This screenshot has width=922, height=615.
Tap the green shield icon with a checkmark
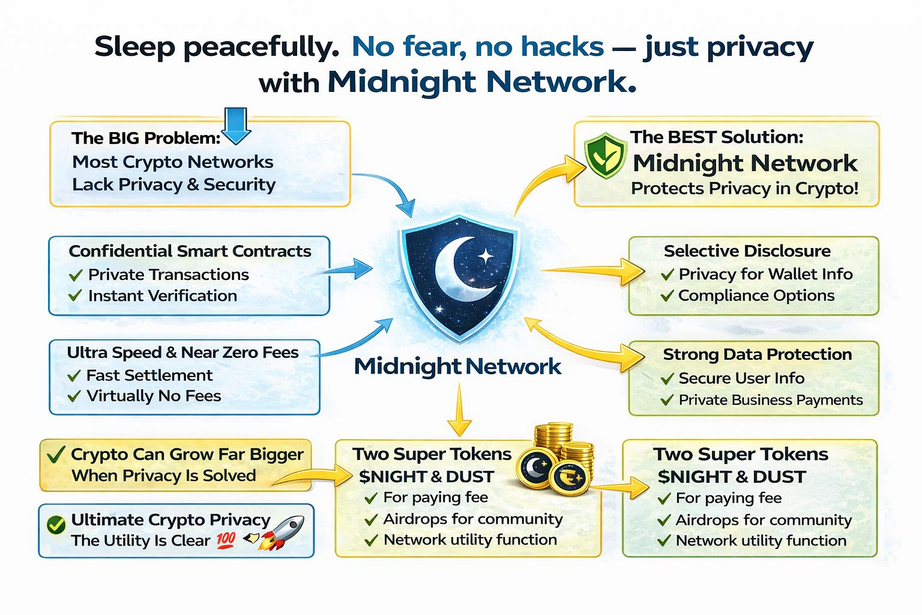click(606, 155)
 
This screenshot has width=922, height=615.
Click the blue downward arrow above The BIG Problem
click(237, 125)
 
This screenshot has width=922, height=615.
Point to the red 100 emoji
click(226, 540)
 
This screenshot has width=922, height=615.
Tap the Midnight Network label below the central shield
click(457, 366)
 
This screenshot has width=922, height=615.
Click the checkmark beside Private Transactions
click(76, 275)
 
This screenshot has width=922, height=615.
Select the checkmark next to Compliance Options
click(667, 296)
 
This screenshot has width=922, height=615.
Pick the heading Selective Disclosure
click(747, 251)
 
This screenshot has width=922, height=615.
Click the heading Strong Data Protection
click(757, 354)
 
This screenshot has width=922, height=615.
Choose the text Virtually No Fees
click(154, 396)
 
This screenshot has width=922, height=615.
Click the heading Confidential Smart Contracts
click(190, 251)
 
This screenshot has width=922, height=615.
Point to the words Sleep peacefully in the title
click(216, 47)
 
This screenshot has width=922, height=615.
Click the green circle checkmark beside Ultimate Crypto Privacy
click(56, 525)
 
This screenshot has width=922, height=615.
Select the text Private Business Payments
click(770, 400)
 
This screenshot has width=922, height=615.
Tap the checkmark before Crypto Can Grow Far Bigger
click(56, 455)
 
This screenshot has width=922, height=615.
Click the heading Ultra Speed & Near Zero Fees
click(182, 353)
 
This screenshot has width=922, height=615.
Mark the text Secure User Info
click(741, 378)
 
